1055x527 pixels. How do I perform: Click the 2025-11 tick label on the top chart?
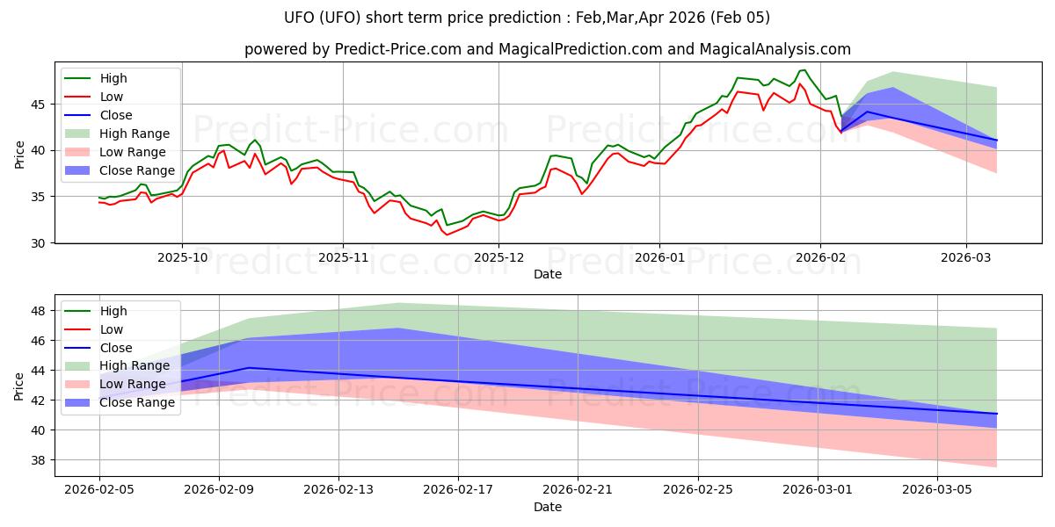pyautogui.click(x=343, y=257)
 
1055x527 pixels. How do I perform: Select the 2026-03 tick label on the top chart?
pyautogui.click(x=966, y=257)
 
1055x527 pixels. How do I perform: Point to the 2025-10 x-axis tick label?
pyautogui.click(x=182, y=257)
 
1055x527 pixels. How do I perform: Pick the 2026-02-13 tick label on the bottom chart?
pyautogui.click(x=338, y=490)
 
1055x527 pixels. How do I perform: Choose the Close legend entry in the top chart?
pyautogui.click(x=116, y=115)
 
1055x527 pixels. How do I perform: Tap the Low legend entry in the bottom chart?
pyautogui.click(x=112, y=329)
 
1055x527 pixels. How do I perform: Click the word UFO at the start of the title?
pyautogui.click(x=300, y=18)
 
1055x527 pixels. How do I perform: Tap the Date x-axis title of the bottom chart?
pyautogui.click(x=547, y=507)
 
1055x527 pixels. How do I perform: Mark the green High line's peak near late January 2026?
pyautogui.click(x=804, y=70)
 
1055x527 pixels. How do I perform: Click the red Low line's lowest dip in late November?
pyautogui.click(x=447, y=235)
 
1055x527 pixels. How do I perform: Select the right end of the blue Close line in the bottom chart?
pyautogui.click(x=997, y=414)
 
